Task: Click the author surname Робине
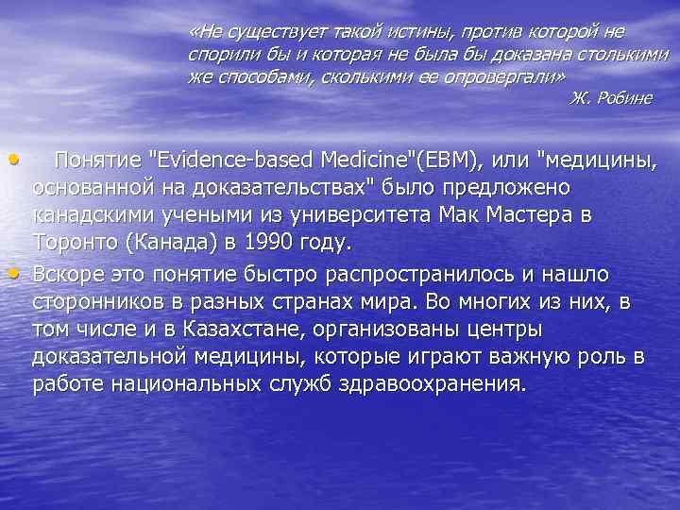[621, 98]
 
